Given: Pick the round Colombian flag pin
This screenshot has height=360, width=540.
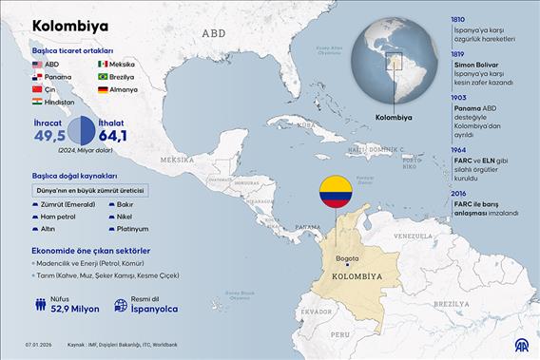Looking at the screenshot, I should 334,193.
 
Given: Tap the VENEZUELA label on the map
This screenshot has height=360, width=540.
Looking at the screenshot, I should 413,235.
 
